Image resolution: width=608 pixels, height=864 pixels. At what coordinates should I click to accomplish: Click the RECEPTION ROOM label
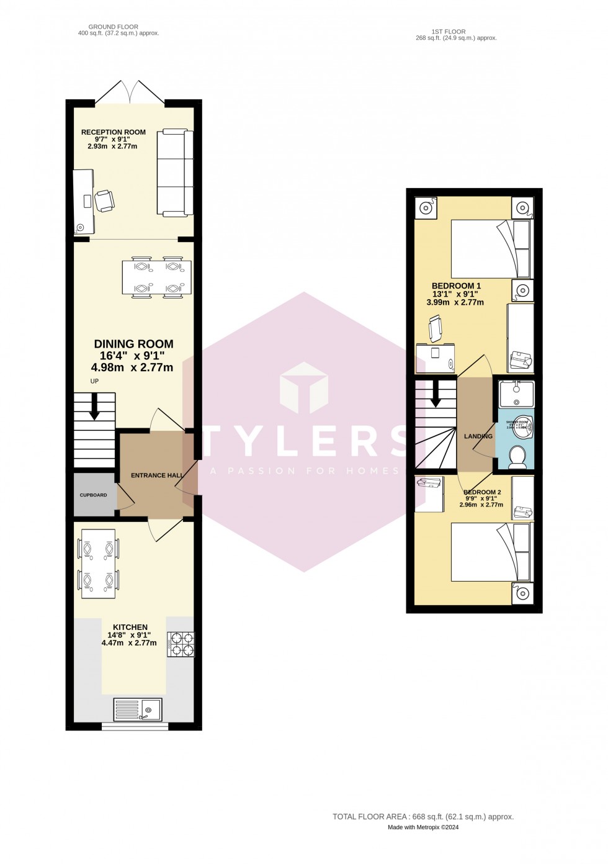click(114, 132)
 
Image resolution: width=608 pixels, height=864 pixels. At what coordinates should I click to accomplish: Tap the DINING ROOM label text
click(133, 344)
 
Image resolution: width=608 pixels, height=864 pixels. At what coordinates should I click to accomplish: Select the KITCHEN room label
click(130, 628)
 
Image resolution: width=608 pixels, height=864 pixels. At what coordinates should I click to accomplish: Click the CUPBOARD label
click(93, 495)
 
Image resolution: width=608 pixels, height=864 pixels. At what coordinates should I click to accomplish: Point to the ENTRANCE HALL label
click(156, 475)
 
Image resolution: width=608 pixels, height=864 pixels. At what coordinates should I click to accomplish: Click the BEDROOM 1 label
click(456, 286)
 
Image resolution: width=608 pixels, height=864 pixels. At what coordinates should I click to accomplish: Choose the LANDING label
click(478, 436)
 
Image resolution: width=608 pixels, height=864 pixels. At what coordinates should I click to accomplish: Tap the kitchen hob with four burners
click(181, 644)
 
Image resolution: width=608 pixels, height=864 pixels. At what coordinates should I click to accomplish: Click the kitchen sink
click(138, 709)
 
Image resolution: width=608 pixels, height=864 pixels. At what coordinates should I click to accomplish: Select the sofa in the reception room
click(175, 173)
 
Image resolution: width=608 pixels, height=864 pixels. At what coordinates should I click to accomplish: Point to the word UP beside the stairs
click(94, 381)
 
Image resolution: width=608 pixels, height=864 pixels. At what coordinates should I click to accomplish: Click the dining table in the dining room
click(157, 277)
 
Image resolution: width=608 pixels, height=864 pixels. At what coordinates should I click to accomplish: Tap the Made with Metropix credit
click(423, 827)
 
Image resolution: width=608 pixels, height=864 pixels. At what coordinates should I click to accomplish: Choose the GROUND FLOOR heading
click(113, 27)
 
